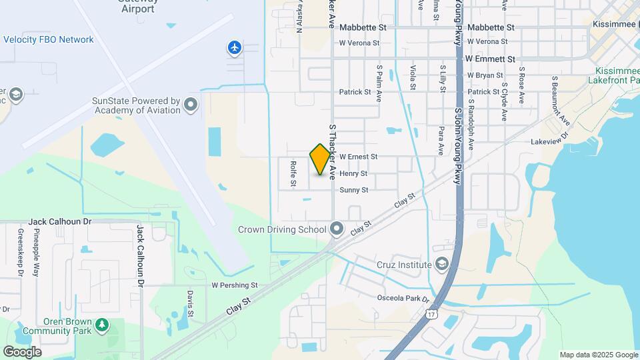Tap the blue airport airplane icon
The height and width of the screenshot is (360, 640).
[234, 47]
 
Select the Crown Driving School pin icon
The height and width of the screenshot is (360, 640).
[337, 229]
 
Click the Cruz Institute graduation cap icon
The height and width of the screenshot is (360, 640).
[441, 265]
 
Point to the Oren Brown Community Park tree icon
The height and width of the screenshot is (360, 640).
[101, 325]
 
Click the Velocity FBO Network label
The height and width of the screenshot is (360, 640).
[49, 39]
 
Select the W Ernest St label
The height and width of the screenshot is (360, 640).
[359, 157]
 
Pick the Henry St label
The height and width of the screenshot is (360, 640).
[353, 173]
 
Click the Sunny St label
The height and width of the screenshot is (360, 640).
[354, 190]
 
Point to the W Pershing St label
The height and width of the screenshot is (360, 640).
[234, 285]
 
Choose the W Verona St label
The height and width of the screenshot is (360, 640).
[359, 43]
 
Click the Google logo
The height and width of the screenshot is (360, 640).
[22, 351]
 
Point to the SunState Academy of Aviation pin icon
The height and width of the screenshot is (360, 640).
[191, 105]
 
